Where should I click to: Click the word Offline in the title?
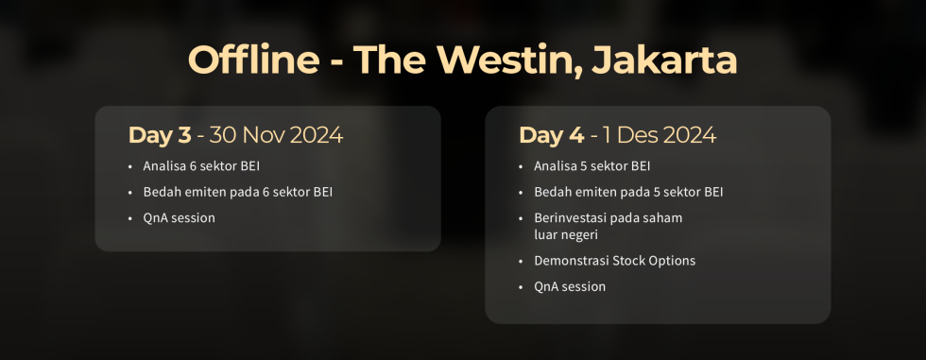[253, 60]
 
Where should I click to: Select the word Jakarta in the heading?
[664, 60]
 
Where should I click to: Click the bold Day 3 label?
[160, 135]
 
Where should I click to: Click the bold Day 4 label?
[551, 135]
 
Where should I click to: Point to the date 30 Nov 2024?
[276, 135]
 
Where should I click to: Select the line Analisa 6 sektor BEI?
[201, 167]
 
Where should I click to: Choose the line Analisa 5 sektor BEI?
[592, 167]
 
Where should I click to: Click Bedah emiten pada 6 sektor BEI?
[237, 193]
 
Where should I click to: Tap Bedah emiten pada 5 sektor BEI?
[628, 193]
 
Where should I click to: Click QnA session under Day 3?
[179, 218]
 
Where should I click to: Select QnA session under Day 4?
[570, 286]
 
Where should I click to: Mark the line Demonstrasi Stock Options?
[614, 261]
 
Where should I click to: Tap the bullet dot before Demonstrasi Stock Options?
[522, 261]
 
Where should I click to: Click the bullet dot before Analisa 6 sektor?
[130, 167]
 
